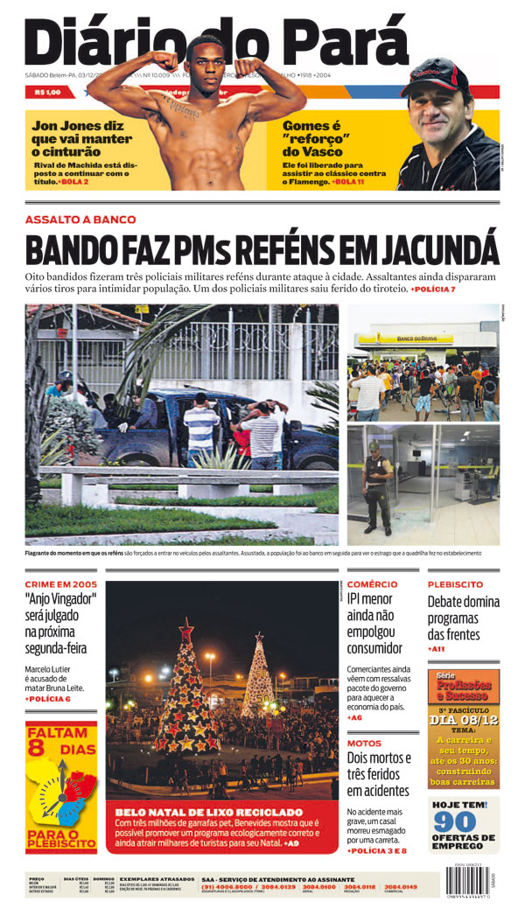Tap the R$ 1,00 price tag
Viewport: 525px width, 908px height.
tap(47, 92)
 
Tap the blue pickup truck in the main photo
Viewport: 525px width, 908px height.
tap(219, 429)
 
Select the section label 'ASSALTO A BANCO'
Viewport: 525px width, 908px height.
tap(80, 219)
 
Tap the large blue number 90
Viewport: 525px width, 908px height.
tap(455, 822)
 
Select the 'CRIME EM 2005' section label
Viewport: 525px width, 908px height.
tap(59, 583)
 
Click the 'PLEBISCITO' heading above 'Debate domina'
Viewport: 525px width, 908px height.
tap(455, 583)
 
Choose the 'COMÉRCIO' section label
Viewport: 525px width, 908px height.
tap(372, 583)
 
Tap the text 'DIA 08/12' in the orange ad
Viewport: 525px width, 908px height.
tap(464, 720)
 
